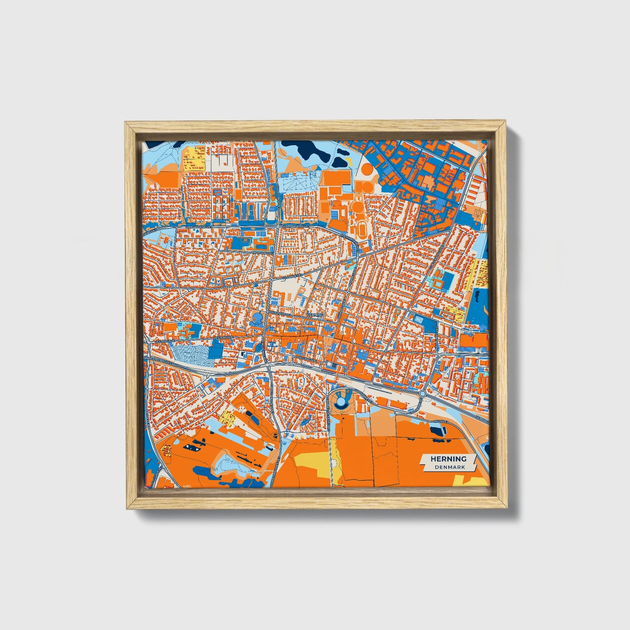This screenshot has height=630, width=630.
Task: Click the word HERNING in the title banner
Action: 448,459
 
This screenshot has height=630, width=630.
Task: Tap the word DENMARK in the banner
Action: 449,467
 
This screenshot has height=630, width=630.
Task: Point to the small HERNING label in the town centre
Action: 315,314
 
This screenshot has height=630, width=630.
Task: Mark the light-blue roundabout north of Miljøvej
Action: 422,394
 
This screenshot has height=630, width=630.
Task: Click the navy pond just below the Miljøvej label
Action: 438,430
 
